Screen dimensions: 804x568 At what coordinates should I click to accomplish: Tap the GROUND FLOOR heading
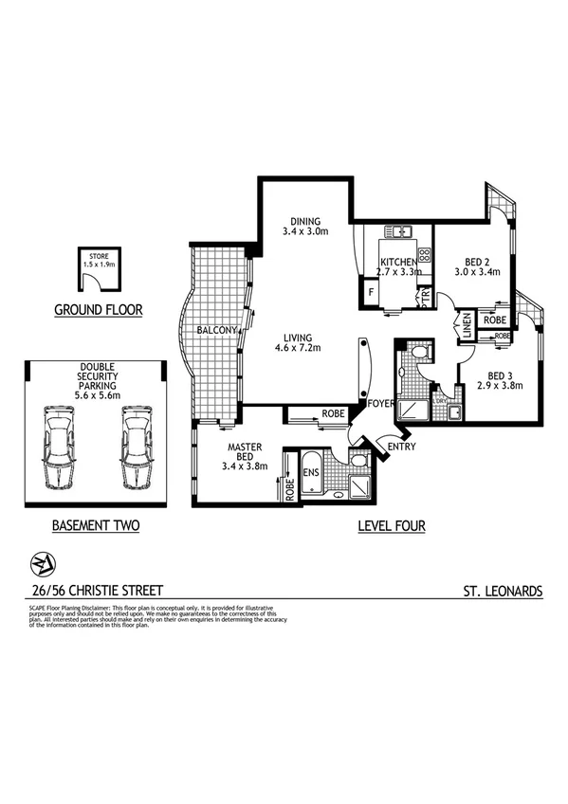98,310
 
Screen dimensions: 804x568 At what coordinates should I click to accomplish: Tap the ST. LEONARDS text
503,590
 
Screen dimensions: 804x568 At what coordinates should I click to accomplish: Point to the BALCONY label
216,330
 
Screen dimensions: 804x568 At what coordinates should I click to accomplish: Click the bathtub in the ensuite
314,484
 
